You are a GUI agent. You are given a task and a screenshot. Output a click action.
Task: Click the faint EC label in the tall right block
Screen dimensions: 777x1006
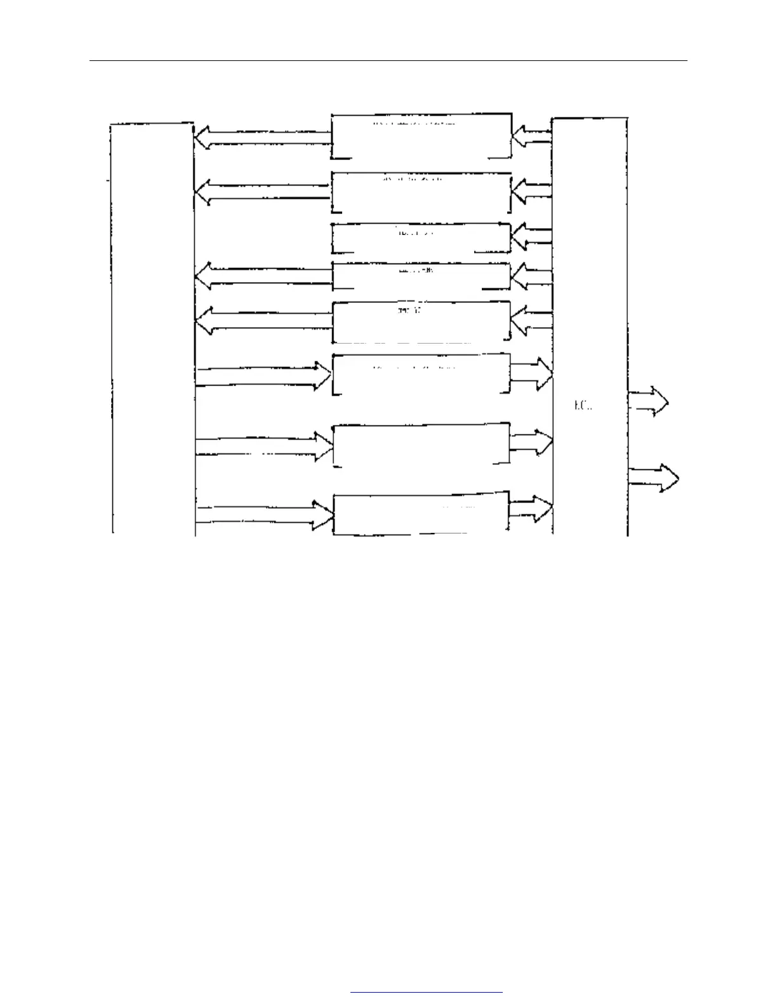583,405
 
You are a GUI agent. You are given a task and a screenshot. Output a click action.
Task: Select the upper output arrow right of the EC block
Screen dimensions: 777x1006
649,402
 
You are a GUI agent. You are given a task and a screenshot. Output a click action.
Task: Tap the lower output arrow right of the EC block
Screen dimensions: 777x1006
654,478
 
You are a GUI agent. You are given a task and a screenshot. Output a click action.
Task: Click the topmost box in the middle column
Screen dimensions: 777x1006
422,136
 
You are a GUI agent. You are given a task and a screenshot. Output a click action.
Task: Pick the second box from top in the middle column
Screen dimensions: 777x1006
422,192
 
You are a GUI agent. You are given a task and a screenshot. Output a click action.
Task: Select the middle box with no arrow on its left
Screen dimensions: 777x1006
422,238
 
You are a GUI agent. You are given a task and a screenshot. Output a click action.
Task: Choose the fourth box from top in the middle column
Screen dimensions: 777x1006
422,276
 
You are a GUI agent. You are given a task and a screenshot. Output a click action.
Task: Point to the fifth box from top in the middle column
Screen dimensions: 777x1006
422,322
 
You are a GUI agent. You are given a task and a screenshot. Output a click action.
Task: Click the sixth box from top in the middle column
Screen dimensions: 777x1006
422,373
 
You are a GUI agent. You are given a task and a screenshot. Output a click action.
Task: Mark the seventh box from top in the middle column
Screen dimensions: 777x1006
422,445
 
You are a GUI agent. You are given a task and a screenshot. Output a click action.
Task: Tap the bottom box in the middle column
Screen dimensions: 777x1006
422,514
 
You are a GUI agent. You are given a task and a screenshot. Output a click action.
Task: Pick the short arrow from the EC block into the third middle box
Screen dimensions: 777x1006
531,236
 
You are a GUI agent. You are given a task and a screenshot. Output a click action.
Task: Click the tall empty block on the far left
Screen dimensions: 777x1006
152,327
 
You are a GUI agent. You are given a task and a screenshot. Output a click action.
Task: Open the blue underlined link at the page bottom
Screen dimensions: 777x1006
426,991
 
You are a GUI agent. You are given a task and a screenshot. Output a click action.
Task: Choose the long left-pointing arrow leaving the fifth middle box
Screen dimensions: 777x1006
263,320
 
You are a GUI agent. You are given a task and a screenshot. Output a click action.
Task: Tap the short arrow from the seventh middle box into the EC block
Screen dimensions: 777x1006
531,442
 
